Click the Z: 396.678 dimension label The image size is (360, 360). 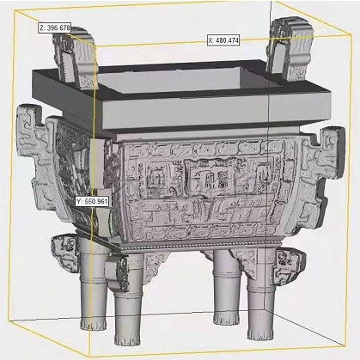point(55,27)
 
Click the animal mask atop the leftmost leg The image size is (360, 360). point(64,249)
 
